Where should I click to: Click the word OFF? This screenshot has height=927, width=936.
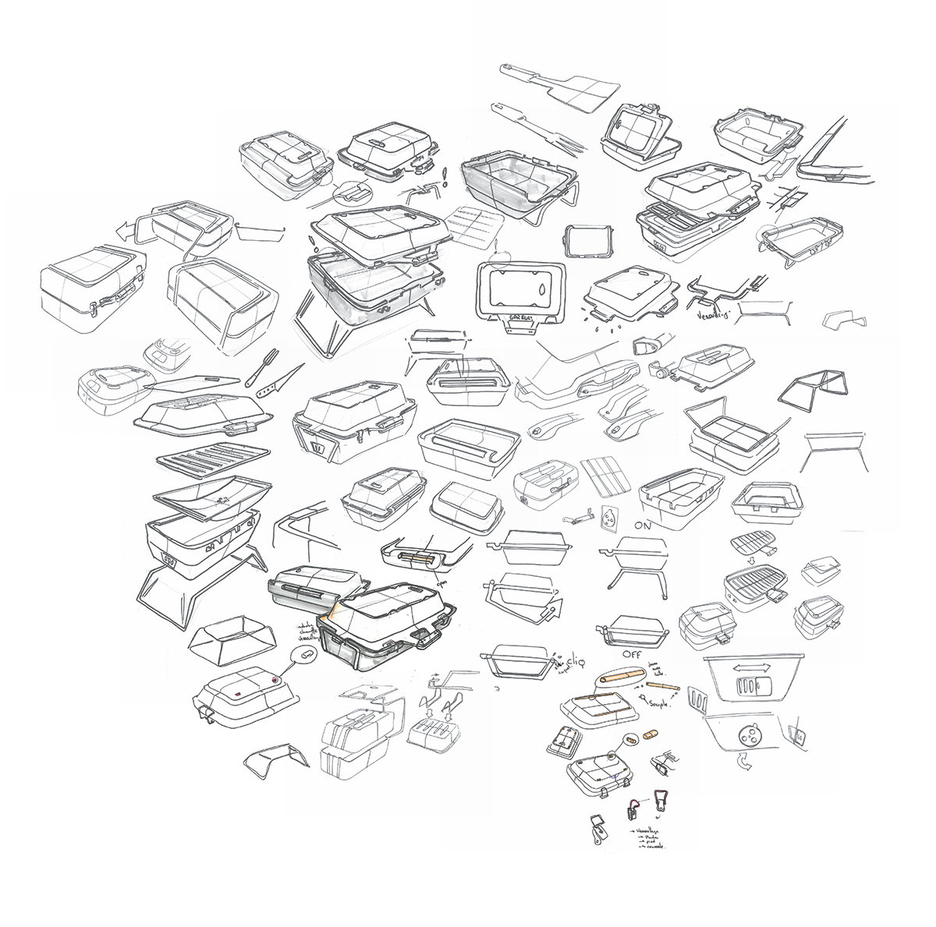click(x=633, y=652)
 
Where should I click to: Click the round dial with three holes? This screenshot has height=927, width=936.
click(x=751, y=734)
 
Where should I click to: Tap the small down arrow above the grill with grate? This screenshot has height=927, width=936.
click(x=752, y=559)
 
